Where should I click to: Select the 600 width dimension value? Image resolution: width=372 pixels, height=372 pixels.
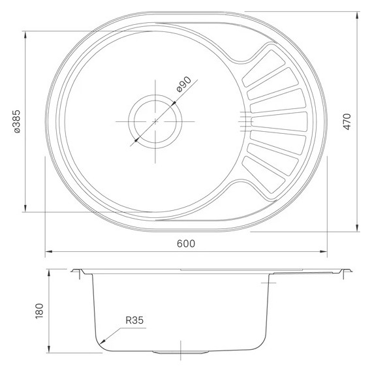186,243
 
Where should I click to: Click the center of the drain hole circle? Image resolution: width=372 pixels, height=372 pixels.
155,121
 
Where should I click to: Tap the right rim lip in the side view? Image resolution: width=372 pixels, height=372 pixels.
345,270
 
